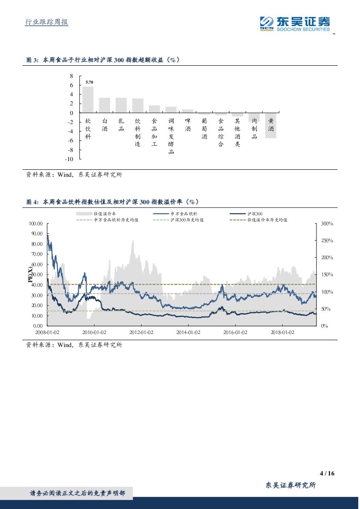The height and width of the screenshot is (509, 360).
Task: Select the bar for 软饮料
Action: [88, 99]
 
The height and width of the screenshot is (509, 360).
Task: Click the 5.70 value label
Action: [89, 82]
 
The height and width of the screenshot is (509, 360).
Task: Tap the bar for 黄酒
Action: [271, 125]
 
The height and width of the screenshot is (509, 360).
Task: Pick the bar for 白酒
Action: [104, 105]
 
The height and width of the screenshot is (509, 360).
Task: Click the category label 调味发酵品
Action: [171, 136]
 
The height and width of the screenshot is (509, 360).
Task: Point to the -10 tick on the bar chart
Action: [69, 159]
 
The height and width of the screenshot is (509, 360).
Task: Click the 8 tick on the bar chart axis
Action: [72, 76]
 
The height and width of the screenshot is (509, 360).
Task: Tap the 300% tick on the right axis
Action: [327, 223]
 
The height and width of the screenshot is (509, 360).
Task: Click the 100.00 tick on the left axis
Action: [36, 223]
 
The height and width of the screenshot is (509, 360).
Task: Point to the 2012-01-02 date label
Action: [141, 332]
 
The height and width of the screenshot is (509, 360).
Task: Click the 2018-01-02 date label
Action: [283, 332]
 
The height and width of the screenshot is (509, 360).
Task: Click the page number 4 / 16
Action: [326, 473]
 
